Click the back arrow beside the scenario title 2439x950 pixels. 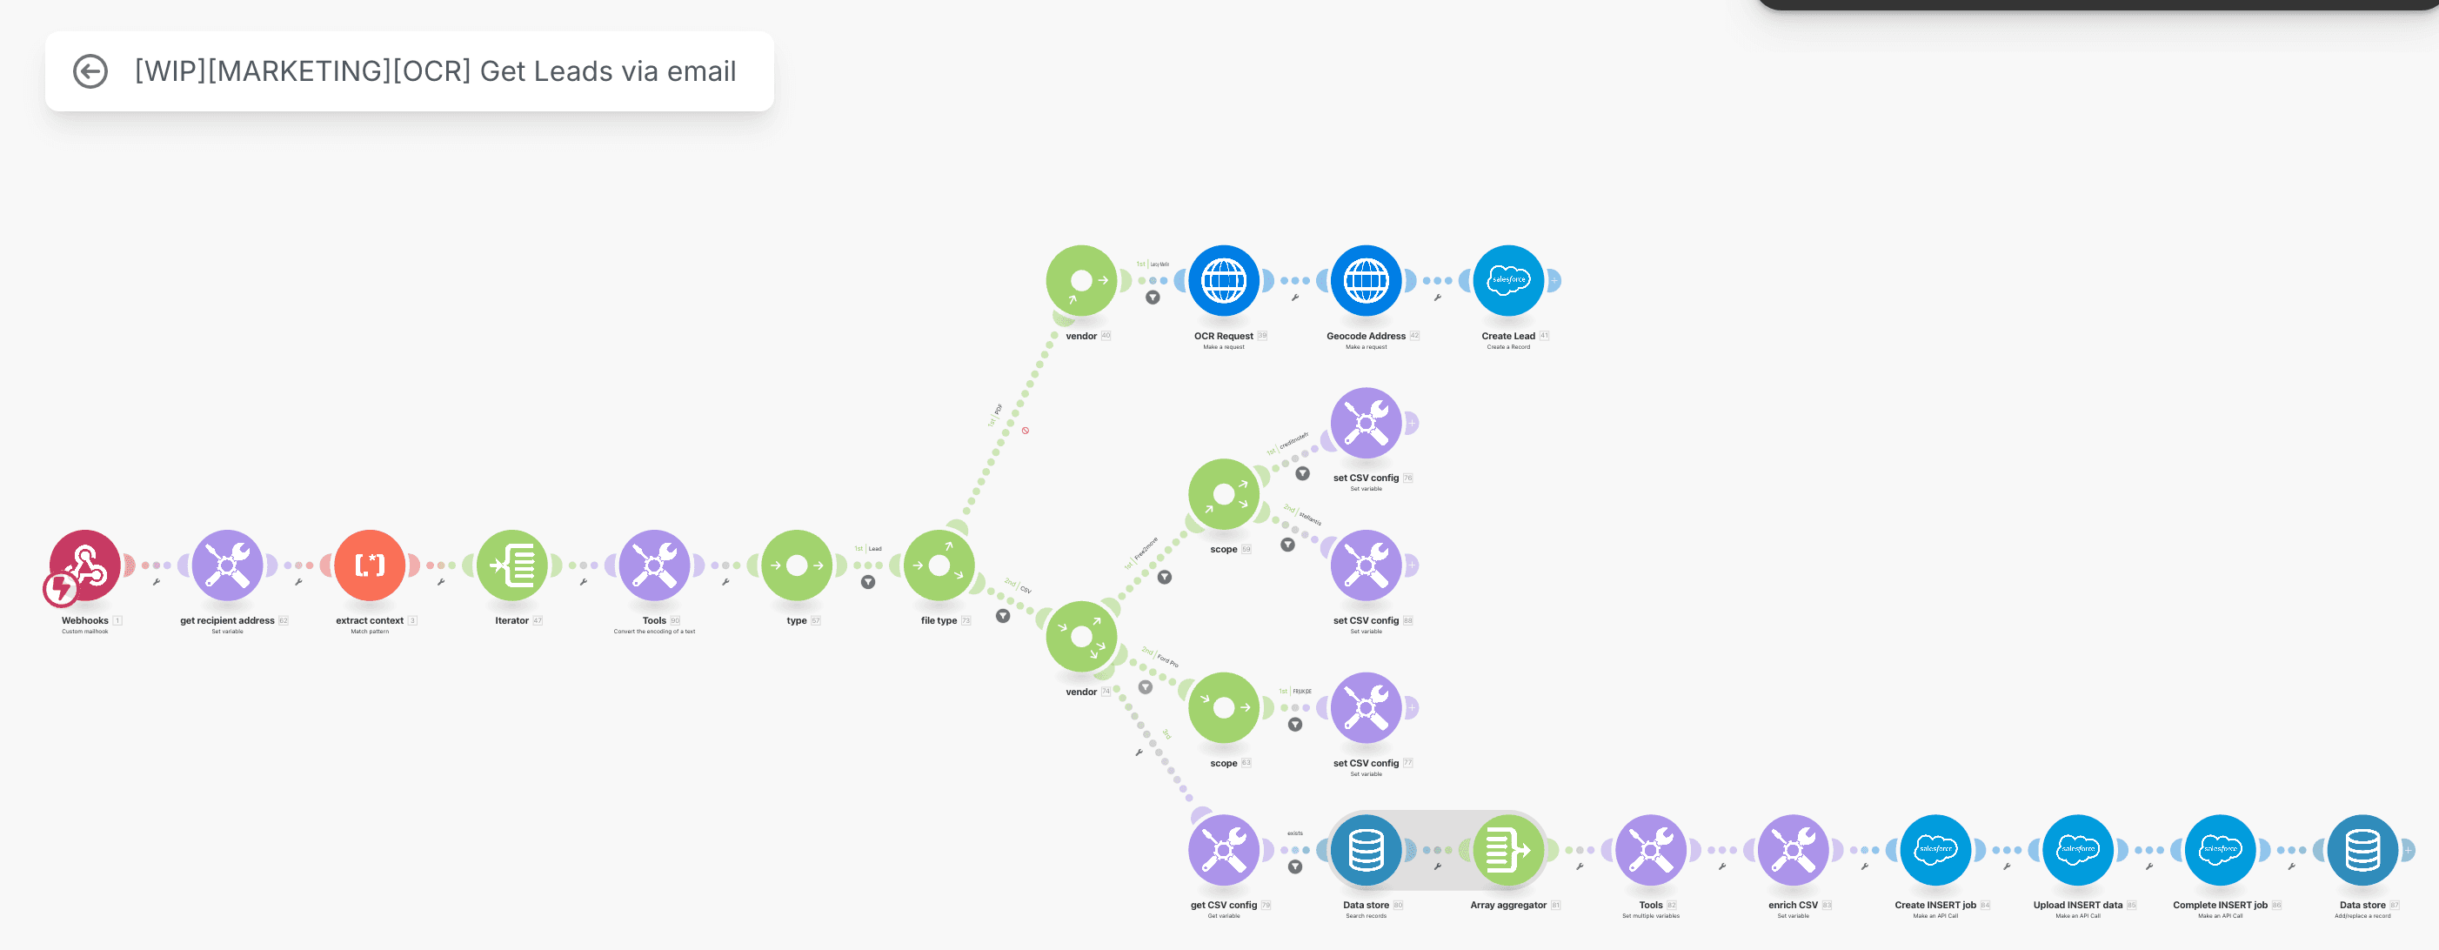[90, 72]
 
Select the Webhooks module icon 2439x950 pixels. [86, 565]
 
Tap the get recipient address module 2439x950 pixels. [227, 565]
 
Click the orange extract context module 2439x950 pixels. [370, 565]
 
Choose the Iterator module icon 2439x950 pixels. [512, 565]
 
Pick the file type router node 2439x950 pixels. [939, 565]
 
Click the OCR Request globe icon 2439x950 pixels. [1223, 280]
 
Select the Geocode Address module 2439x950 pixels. [1367, 280]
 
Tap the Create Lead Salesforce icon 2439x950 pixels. [1508, 280]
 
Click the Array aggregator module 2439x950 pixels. [1508, 850]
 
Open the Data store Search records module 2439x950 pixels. [1367, 850]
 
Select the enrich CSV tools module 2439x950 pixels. [1794, 850]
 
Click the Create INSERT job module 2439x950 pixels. [1935, 850]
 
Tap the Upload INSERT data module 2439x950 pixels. [2078, 850]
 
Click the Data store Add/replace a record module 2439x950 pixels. [2362, 850]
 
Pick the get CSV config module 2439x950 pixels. [1223, 850]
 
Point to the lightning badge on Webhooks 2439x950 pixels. [61, 589]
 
